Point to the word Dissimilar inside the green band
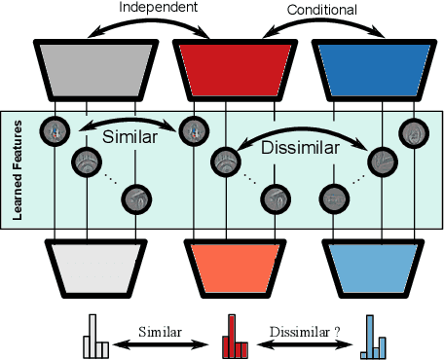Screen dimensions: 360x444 pos(300,148)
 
